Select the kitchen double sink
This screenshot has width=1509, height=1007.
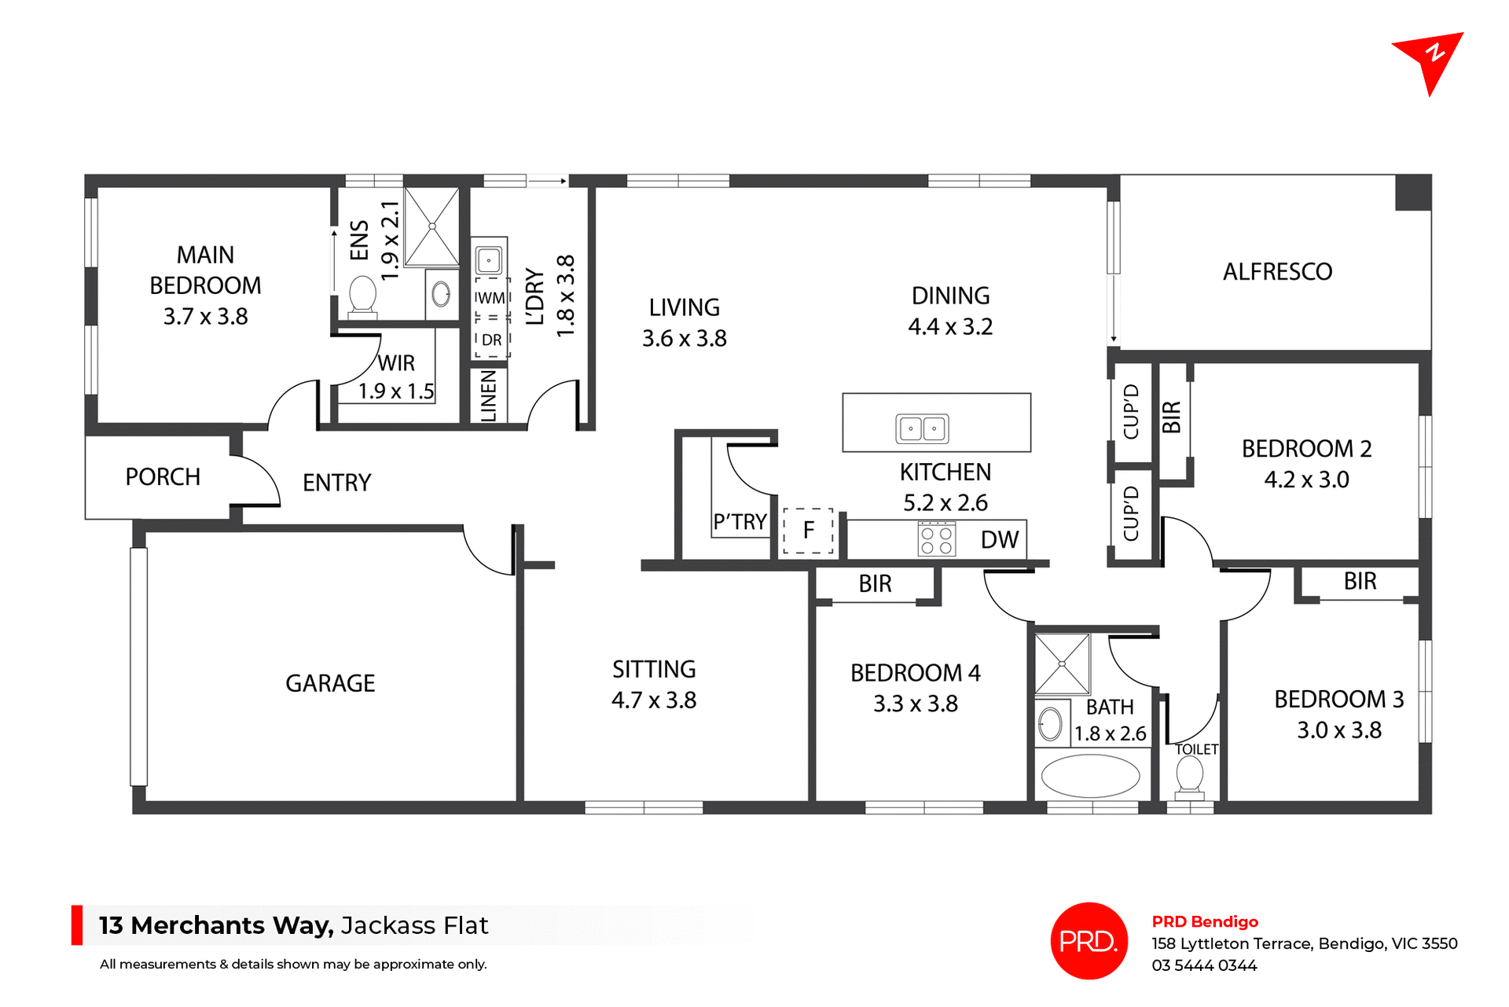(x=922, y=428)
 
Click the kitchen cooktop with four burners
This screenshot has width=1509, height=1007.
(x=936, y=539)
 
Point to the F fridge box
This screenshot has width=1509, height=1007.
(x=808, y=531)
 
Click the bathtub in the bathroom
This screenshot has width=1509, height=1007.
(x=1090, y=776)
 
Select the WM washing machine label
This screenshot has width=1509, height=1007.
(x=490, y=298)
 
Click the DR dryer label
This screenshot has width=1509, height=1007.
(x=491, y=340)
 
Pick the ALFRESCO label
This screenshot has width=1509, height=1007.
(x=1277, y=272)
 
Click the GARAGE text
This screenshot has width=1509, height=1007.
(x=330, y=683)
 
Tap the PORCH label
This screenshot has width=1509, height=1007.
(x=163, y=477)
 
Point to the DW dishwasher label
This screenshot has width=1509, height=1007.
(x=999, y=540)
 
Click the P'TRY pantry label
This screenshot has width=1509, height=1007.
(x=740, y=522)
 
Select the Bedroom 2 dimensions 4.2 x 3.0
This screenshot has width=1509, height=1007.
(x=1306, y=480)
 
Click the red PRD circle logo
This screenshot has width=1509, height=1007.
(x=1089, y=940)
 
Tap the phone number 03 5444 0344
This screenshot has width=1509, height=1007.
(x=1204, y=965)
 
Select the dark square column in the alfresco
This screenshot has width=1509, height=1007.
(x=1412, y=193)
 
